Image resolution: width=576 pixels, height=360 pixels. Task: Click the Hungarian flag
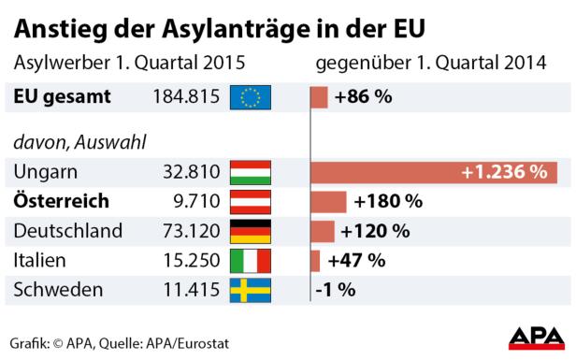250,172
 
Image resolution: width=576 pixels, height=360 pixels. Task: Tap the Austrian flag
250,201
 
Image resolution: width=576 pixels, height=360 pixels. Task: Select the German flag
250,231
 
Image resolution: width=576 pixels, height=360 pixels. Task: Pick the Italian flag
250,260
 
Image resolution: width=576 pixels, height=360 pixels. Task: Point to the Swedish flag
250,290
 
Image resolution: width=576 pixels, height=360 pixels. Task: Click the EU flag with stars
250,96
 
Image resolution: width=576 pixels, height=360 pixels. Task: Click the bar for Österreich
328,201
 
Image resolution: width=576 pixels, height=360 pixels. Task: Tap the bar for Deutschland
323,231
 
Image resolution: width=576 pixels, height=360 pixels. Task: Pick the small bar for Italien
315,260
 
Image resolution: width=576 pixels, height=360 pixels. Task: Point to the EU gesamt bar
319,96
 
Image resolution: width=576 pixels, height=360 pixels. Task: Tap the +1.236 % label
503,172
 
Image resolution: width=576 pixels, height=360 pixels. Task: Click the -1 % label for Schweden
335,290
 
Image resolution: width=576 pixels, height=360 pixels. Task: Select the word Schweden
58,290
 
